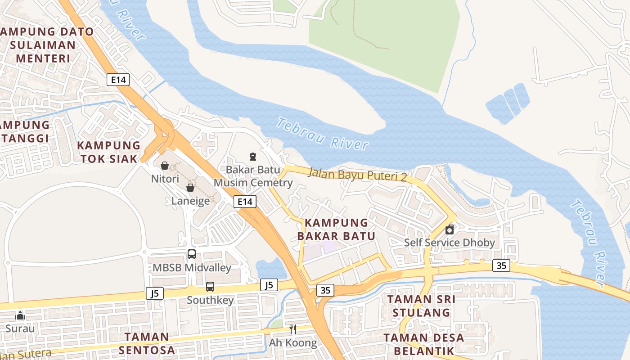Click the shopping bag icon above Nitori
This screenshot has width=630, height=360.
point(165,166)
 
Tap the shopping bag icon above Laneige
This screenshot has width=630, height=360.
point(190,188)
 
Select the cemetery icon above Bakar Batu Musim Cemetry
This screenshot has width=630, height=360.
point(253,157)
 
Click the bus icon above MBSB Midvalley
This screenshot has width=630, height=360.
point(192,254)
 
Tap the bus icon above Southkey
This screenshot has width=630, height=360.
point(210,287)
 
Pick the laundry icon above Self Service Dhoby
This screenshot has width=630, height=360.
point(449,230)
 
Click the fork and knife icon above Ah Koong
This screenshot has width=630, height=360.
point(292,329)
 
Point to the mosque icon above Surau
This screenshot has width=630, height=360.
point(20,315)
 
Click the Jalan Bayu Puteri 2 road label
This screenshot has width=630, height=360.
point(357,175)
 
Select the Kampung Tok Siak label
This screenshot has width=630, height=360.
point(108,152)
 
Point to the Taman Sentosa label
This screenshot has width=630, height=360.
point(147,343)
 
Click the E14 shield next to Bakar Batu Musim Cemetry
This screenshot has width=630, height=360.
point(245,202)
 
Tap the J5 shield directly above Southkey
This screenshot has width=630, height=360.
point(269,285)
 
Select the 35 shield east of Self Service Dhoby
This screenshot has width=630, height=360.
point(501,265)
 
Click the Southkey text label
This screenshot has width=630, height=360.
point(210,300)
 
